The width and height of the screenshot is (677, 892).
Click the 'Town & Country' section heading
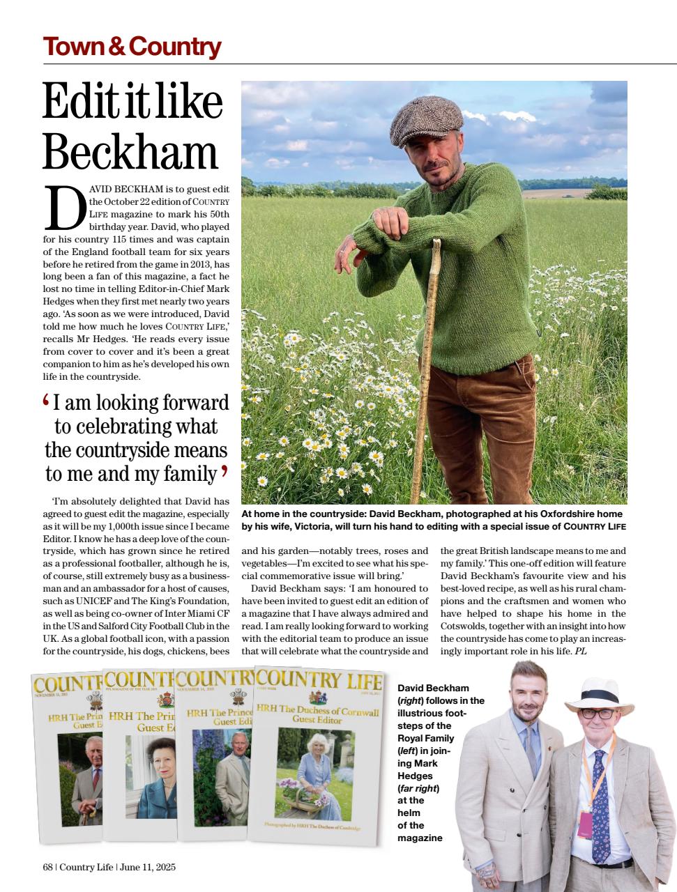132,47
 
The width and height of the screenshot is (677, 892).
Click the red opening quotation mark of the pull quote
46,401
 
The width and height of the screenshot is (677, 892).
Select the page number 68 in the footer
47,867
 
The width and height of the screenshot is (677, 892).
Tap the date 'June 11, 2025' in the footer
148,867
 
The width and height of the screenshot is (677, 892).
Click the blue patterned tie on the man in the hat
598,801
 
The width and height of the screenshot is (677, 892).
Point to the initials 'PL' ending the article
580,652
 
